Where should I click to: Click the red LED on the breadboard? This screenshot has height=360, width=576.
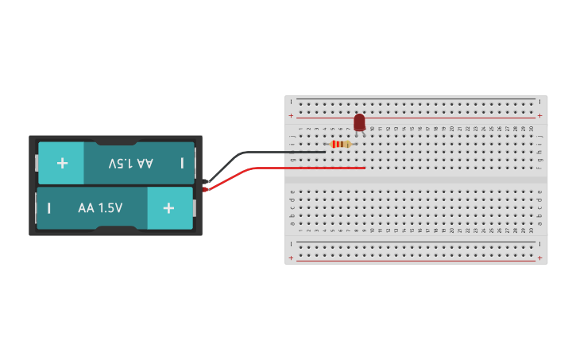pyautogui.click(x=359, y=122)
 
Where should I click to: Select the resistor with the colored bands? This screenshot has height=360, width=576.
pyautogui.click(x=341, y=144)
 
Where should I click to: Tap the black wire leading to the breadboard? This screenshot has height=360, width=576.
pyautogui.click(x=262, y=153)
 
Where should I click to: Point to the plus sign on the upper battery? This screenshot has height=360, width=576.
pyautogui.click(x=62, y=163)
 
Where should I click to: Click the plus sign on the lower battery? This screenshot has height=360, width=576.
pyautogui.click(x=168, y=208)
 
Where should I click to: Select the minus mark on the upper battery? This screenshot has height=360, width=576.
pyautogui.click(x=182, y=163)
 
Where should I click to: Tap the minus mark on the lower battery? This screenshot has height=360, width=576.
pyautogui.click(x=49, y=208)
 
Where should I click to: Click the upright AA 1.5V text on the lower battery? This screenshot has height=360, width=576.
pyautogui.click(x=100, y=208)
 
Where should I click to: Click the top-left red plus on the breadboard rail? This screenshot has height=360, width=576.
pyautogui.click(x=291, y=116)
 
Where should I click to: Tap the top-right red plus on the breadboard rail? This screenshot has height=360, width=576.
pyautogui.click(x=540, y=116)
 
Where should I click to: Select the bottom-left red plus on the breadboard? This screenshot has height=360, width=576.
pyautogui.click(x=291, y=258)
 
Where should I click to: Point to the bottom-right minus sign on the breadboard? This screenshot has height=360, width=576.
pyautogui.click(x=540, y=244)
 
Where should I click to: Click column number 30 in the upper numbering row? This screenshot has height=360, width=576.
pyautogui.click(x=532, y=129)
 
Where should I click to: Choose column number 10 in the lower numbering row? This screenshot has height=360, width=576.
pyautogui.click(x=372, y=230)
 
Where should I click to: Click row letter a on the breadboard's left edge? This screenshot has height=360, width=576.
pyautogui.click(x=292, y=223)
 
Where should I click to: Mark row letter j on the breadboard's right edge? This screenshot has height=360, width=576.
pyautogui.click(x=540, y=136)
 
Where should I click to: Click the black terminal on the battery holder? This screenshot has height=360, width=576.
pyautogui.click(x=206, y=182)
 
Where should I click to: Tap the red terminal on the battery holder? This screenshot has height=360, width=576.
pyautogui.click(x=206, y=188)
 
